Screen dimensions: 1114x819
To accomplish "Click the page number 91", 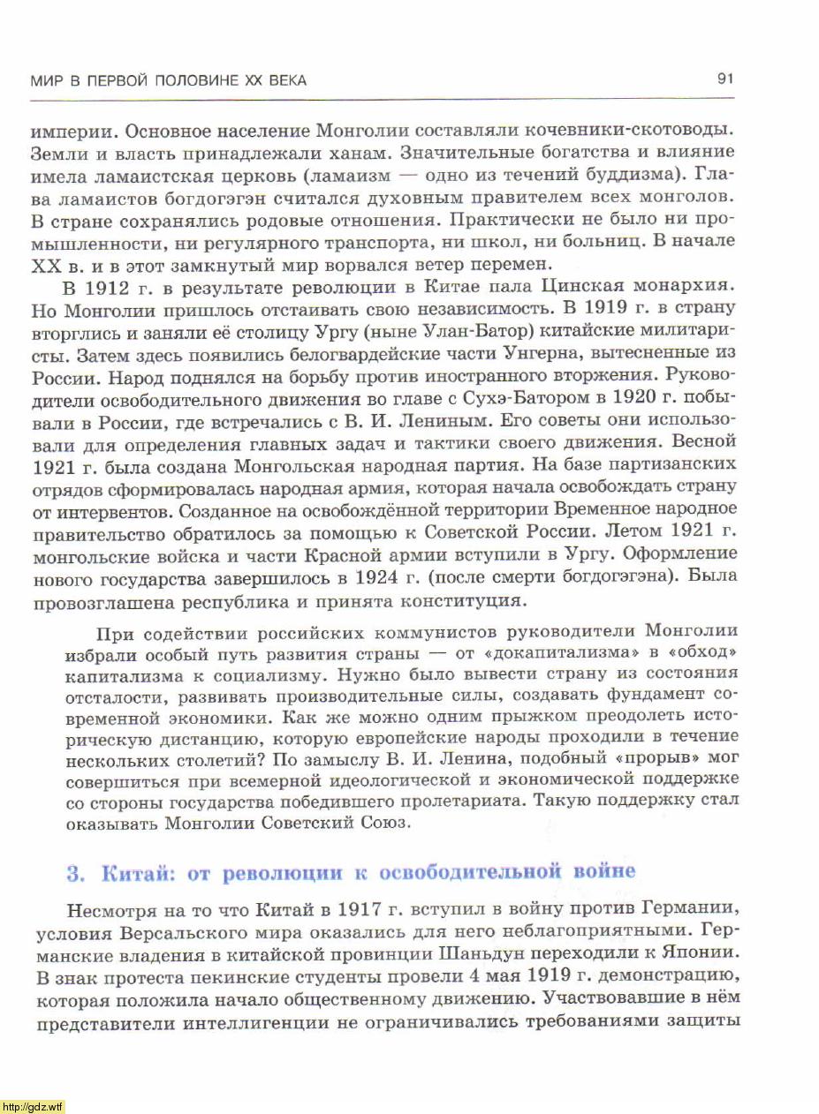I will (x=726, y=79).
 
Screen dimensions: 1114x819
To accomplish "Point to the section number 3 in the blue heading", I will (x=75, y=873).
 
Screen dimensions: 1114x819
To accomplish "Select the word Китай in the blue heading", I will (x=131, y=873).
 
